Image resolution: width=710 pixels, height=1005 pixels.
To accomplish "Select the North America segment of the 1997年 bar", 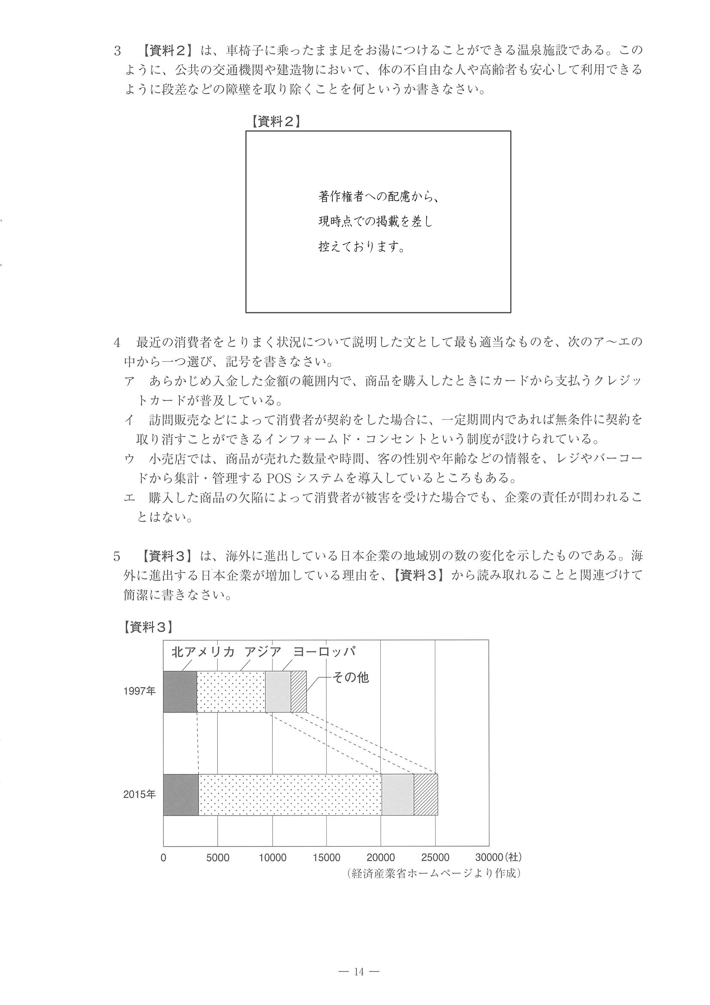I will [x=180, y=691].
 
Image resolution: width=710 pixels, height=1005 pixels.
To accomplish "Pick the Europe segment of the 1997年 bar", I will [x=278, y=691].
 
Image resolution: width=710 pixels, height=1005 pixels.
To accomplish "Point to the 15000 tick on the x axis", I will [x=326, y=858].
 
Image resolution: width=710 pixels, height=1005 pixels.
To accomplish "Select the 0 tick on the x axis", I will [x=164, y=858].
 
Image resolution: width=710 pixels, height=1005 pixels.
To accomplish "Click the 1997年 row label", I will [x=139, y=691].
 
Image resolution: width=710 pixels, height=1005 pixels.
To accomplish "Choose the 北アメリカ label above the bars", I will [x=203, y=652].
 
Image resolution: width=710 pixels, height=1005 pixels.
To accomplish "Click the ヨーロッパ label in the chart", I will [x=324, y=652].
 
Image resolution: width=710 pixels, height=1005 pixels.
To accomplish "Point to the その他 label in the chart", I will [x=351, y=678].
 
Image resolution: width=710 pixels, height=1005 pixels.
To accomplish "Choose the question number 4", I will [x=117, y=343].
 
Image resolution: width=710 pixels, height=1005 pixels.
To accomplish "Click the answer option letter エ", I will [x=130, y=498].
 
